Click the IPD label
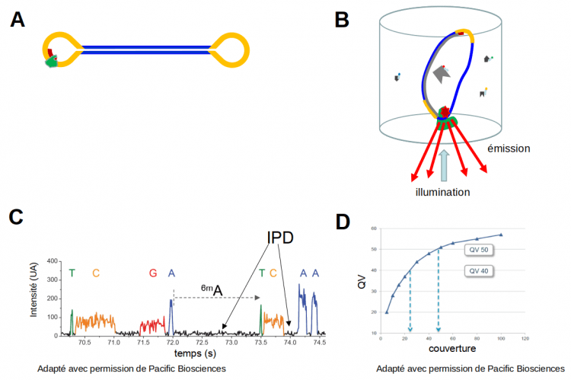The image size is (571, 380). click(280, 238)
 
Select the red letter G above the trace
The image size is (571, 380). click(153, 273)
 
